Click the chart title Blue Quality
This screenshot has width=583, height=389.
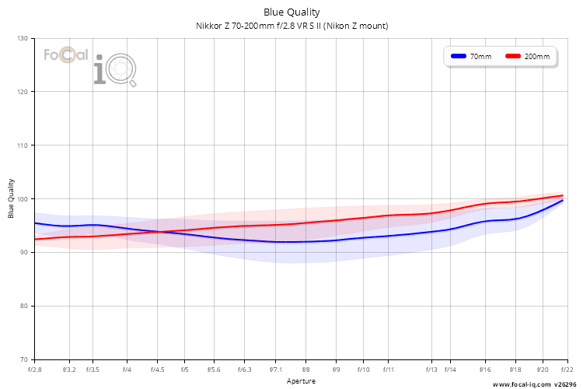click(x=291, y=12)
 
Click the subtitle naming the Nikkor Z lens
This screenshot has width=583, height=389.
click(x=291, y=26)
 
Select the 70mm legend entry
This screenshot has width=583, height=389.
click(x=471, y=56)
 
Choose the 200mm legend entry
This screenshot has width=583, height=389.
click(x=528, y=56)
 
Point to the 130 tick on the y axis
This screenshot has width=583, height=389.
click(x=23, y=38)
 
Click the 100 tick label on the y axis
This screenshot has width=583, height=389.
click(x=23, y=199)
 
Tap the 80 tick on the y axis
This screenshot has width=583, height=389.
click(x=23, y=306)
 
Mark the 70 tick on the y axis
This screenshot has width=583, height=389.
click(x=23, y=359)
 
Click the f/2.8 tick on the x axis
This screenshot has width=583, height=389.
click(x=34, y=370)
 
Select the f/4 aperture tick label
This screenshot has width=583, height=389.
click(x=127, y=370)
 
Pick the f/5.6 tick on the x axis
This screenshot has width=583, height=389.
click(x=214, y=370)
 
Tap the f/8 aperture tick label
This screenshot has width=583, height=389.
click(x=305, y=370)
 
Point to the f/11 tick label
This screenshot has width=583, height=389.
click(x=388, y=370)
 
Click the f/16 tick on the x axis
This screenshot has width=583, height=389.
click(x=485, y=370)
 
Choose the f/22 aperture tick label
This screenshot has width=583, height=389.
click(x=567, y=370)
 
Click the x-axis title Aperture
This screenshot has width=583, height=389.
click(x=301, y=380)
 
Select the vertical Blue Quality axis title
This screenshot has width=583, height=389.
click(x=11, y=198)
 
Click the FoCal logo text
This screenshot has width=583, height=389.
click(x=66, y=54)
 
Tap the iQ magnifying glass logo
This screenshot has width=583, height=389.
click(x=115, y=69)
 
